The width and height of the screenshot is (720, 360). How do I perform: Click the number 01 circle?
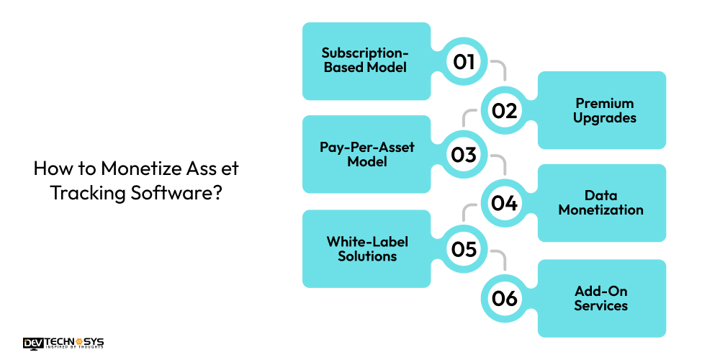point(464,61)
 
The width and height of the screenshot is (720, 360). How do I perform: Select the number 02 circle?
point(505,110)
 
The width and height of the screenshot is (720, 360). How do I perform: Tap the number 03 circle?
point(464,154)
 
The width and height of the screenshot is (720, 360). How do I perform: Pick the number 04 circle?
point(505,203)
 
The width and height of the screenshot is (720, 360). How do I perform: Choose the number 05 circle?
point(464,248)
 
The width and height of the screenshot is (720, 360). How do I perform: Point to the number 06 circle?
point(505,297)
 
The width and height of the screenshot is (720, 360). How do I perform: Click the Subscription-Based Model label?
point(364,60)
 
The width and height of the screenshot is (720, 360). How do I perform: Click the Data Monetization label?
point(600,203)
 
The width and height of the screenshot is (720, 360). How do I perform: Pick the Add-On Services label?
point(600,298)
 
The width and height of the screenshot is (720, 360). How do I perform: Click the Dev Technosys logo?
point(63,343)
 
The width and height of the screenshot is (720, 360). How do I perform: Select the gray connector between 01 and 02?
point(500,69)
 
